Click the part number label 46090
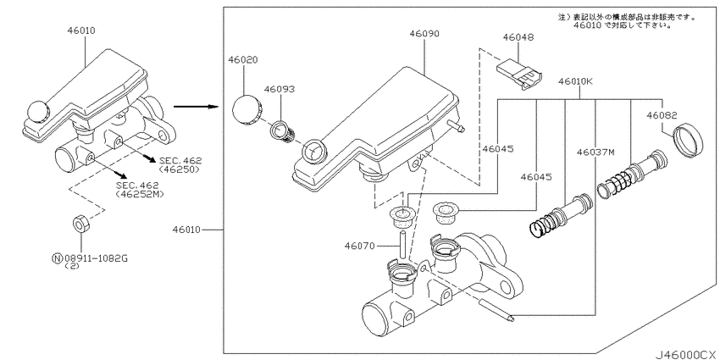pos(424,34)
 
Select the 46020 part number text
pos(242,60)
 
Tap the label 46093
pos(279,88)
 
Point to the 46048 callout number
pos(518,38)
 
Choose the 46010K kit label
pos(575,82)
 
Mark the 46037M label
pos(595,152)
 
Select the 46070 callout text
pos(359,246)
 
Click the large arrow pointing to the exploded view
pos(191,107)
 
